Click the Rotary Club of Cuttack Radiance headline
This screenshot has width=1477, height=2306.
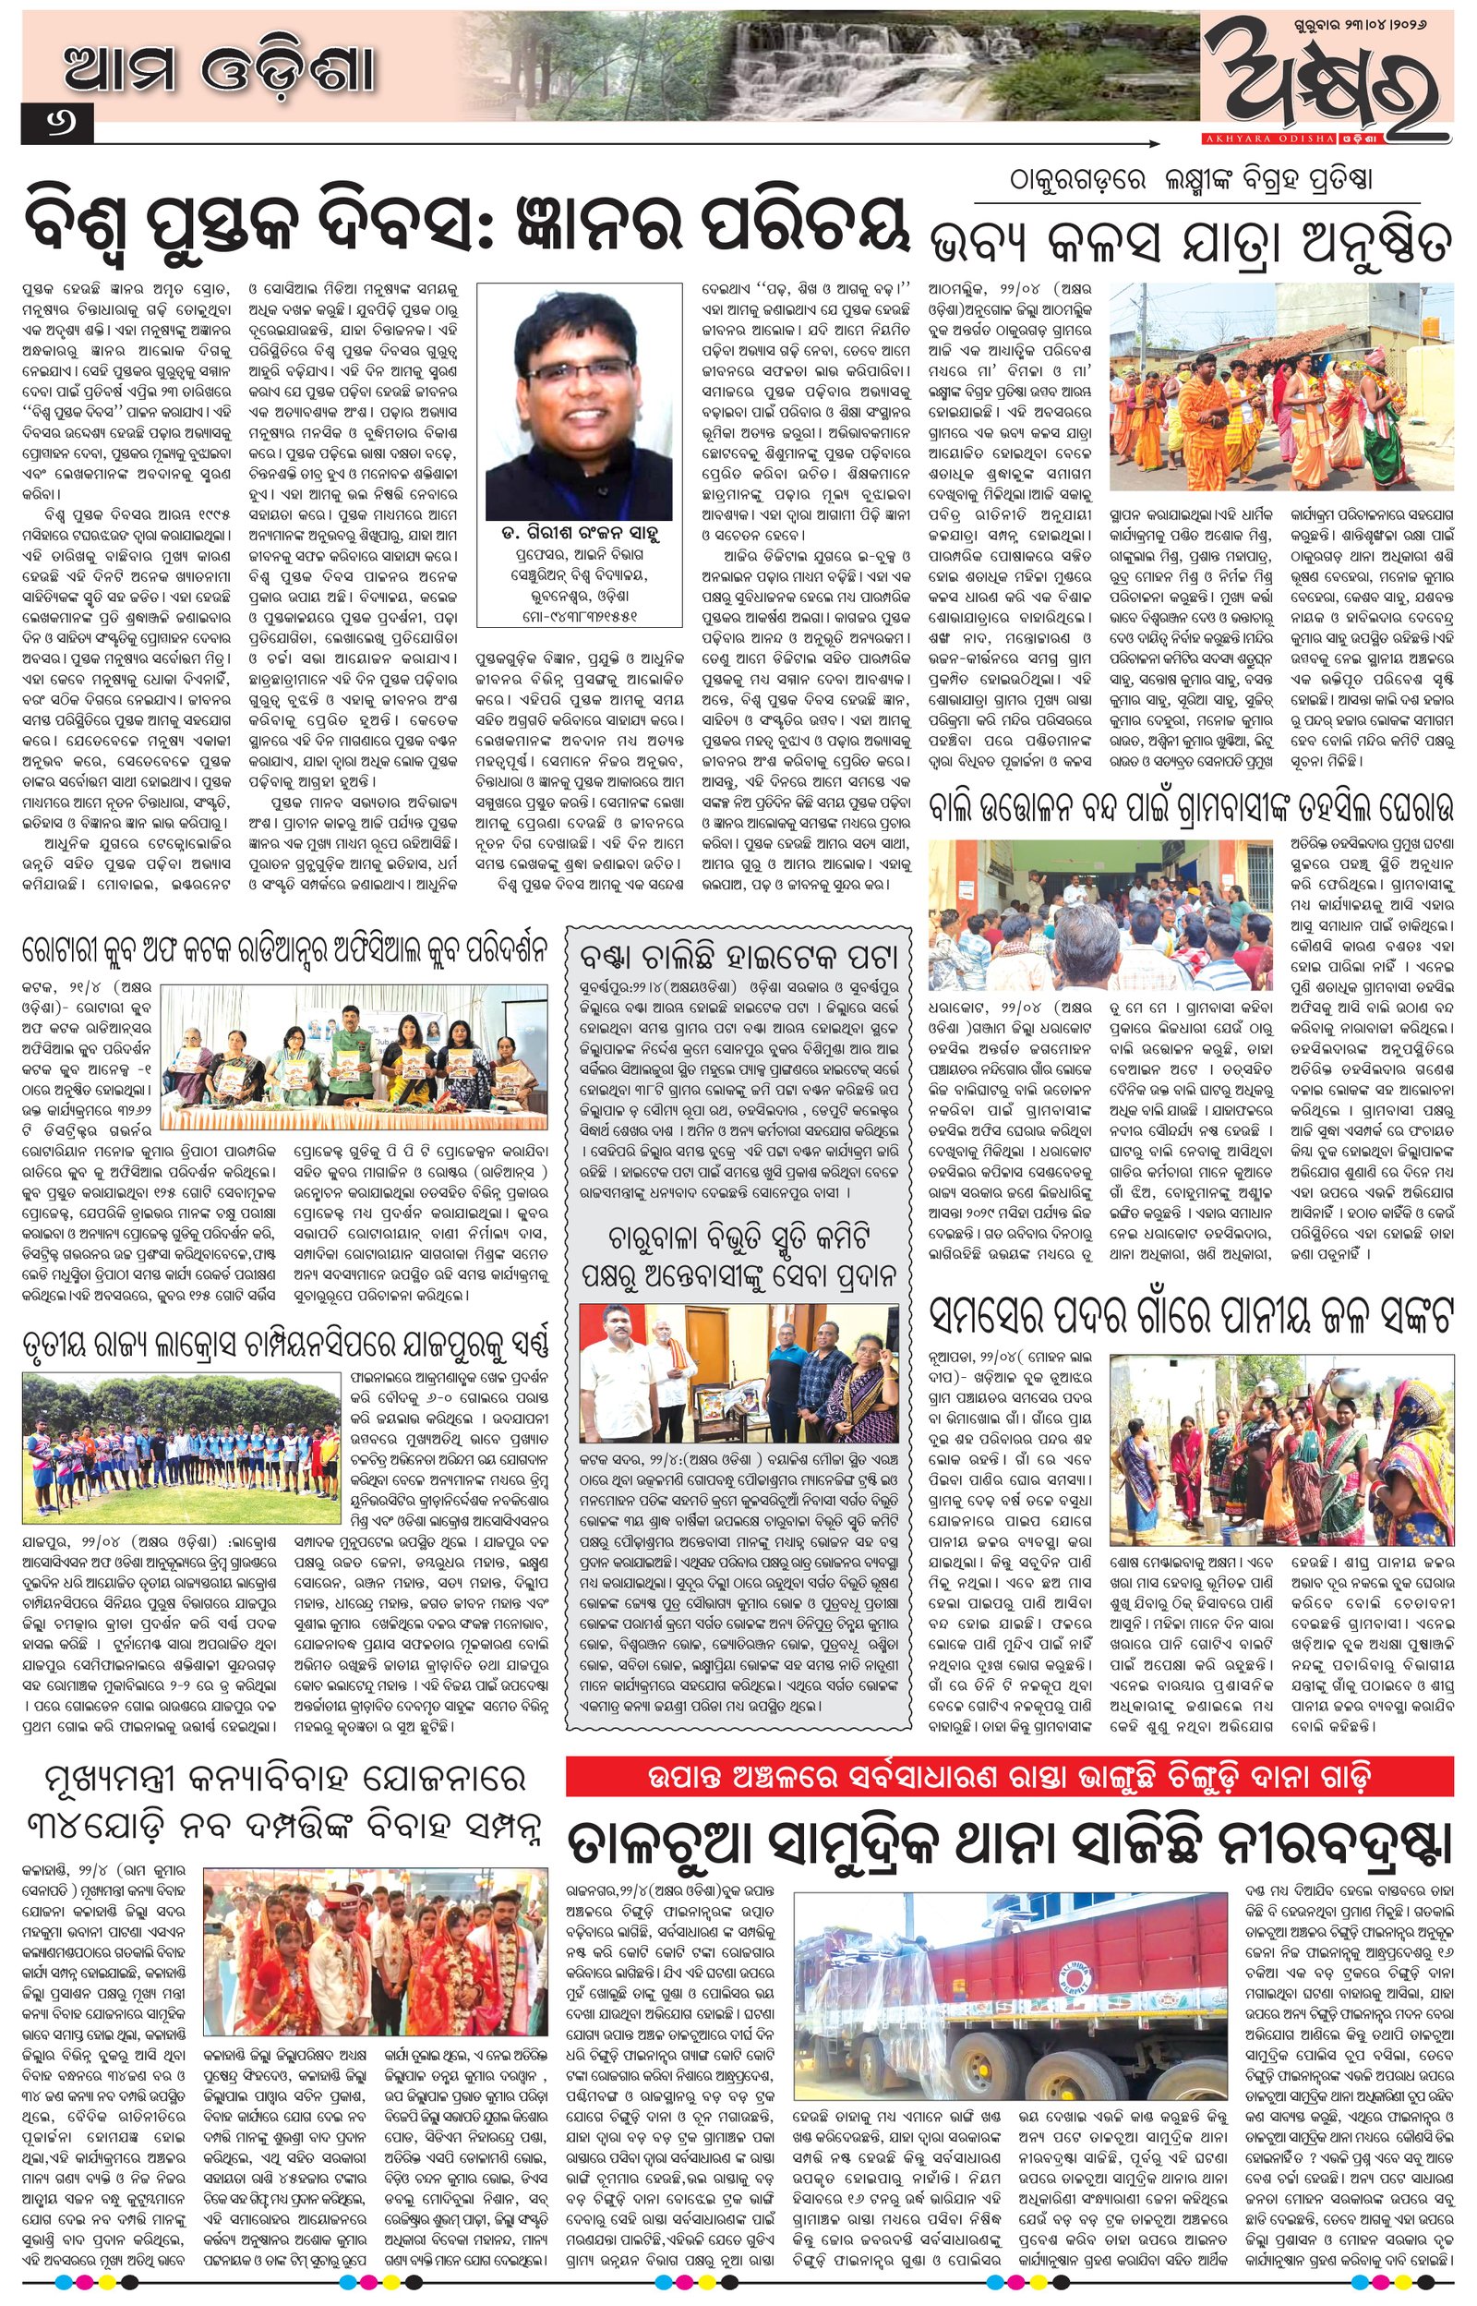(x=285, y=950)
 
